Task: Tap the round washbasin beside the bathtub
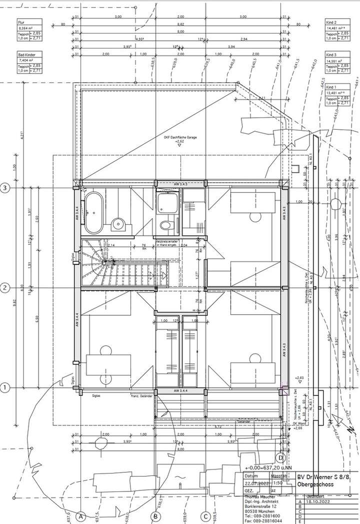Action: coord(118,224)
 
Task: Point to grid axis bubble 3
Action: coord(5,188)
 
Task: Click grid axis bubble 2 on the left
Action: coord(5,288)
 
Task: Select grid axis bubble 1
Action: coord(5,387)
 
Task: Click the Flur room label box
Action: coord(28,33)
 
